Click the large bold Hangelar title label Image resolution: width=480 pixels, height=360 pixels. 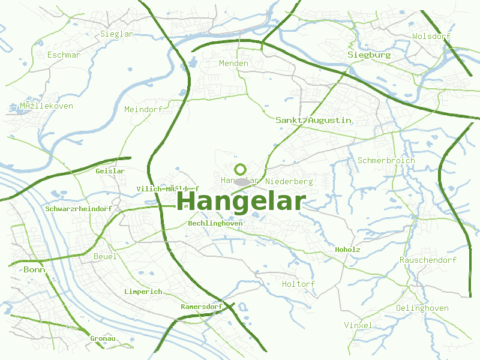(x=241, y=200)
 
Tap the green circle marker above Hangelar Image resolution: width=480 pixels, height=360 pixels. (x=241, y=170)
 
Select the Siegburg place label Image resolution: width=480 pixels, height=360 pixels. (x=369, y=55)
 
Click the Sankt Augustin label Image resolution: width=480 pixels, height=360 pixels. (x=313, y=120)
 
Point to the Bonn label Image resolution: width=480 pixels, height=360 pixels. (x=34, y=270)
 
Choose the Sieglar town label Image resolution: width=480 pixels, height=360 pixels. (x=117, y=34)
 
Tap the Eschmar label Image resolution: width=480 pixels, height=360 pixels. (x=64, y=55)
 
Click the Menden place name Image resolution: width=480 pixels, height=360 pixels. (x=233, y=63)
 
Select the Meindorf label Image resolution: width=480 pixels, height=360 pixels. (x=143, y=109)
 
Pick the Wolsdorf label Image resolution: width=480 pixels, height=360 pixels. (x=431, y=37)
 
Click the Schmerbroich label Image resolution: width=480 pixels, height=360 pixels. (x=386, y=160)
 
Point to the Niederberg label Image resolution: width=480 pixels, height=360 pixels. (x=289, y=181)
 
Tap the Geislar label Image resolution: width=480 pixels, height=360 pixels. (x=110, y=171)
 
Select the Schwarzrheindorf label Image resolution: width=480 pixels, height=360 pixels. (x=79, y=209)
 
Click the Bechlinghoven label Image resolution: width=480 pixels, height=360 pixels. (x=215, y=223)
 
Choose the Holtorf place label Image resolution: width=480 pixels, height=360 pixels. (x=298, y=284)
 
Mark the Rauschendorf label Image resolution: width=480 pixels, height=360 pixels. (x=428, y=260)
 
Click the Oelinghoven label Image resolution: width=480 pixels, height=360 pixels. (x=422, y=308)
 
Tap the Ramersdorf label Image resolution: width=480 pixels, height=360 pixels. (x=201, y=307)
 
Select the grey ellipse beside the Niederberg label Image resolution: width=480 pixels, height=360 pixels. (x=242, y=181)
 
